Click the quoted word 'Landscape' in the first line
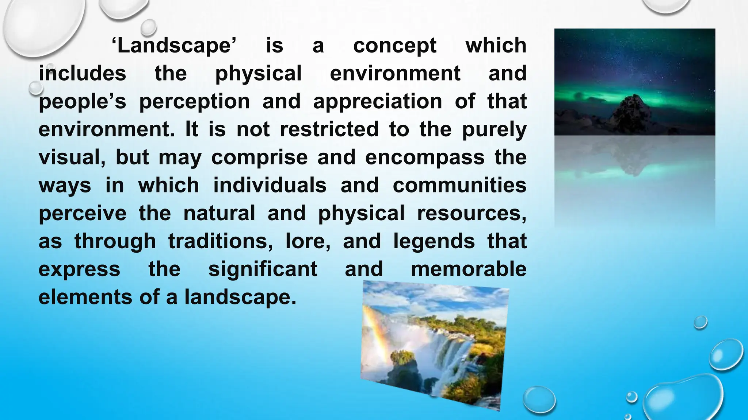(x=174, y=46)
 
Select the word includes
(x=83, y=73)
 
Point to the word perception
(x=194, y=102)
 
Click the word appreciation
(x=377, y=102)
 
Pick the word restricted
(x=329, y=129)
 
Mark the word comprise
(x=259, y=158)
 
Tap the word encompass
(x=424, y=158)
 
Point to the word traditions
(x=220, y=241)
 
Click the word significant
(x=263, y=270)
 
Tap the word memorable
(x=469, y=269)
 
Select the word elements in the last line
(x=85, y=297)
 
